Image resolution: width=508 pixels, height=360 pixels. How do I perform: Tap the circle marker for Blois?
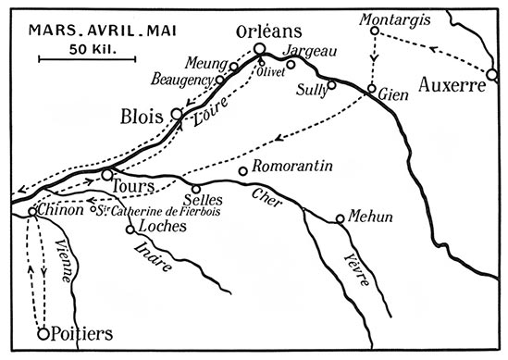pyautogui.click(x=179, y=114)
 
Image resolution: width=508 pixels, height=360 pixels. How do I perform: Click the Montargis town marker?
pyautogui.click(x=375, y=31)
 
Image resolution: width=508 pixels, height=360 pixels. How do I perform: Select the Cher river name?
pyautogui.click(x=262, y=196)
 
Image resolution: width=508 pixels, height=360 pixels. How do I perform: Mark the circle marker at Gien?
pyautogui.click(x=371, y=90)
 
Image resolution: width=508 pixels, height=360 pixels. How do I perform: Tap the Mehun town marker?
pyautogui.click(x=341, y=219)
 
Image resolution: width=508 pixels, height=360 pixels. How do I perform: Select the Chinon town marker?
pyautogui.click(x=32, y=212)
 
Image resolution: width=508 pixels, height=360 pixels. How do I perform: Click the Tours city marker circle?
pyautogui.click(x=107, y=173)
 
